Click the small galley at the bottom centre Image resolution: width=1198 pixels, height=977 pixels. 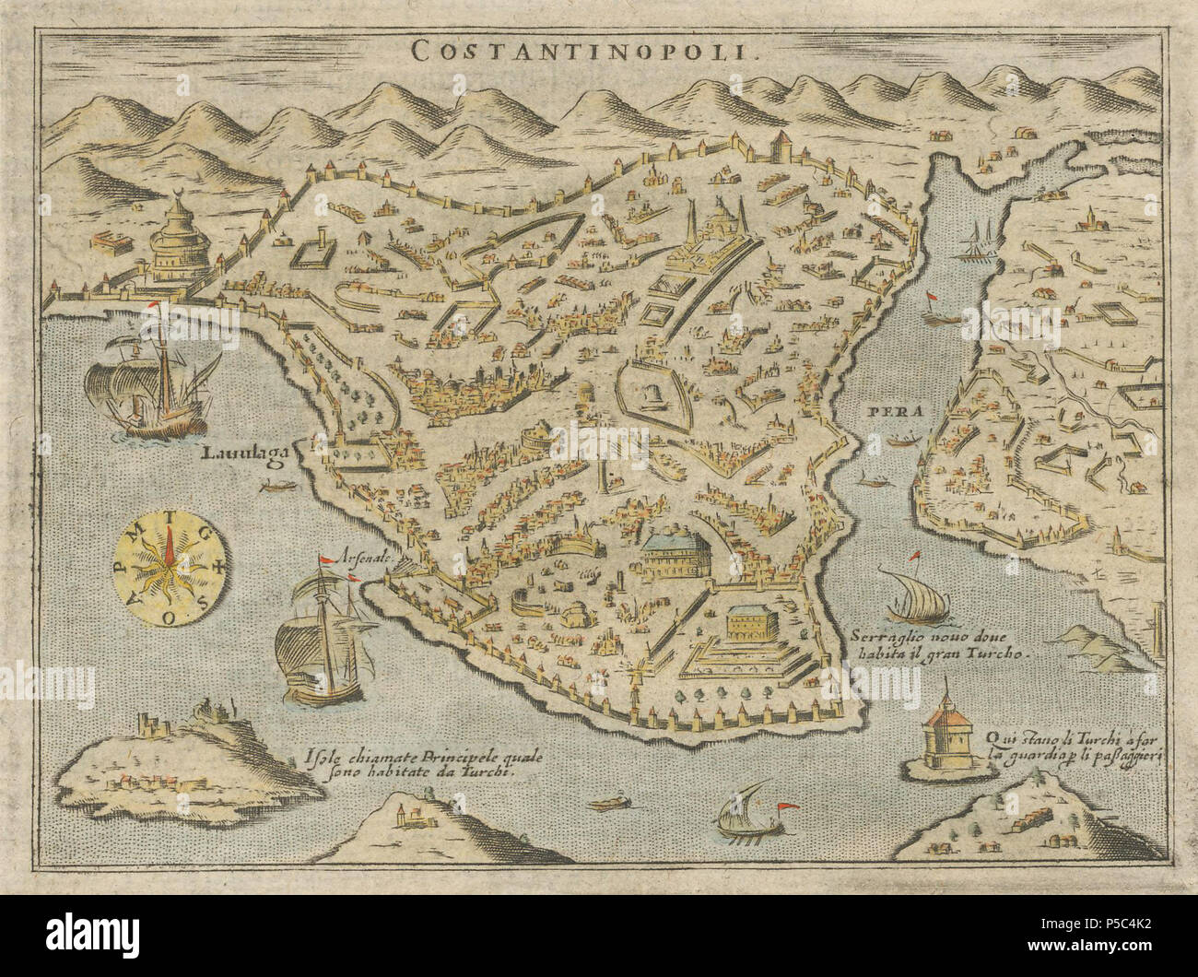click(x=747, y=803)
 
